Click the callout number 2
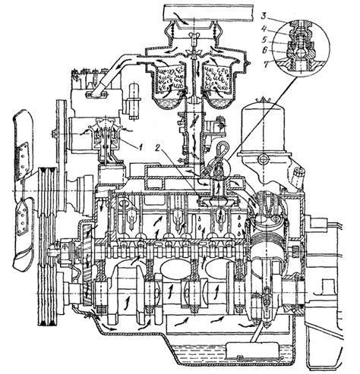157,149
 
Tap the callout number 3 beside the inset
264,17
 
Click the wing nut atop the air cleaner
194,35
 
